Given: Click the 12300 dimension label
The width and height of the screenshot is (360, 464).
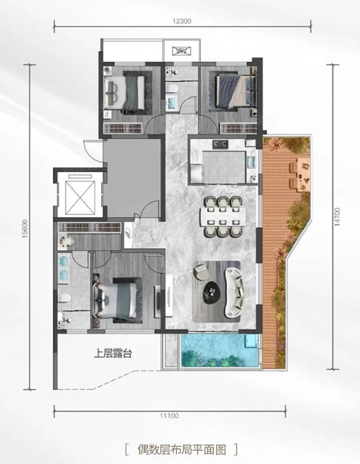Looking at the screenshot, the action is tap(182, 21).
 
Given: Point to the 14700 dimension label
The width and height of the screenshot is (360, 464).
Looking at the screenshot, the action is tap(338, 217).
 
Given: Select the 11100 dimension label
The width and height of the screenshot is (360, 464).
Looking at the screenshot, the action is tap(170, 416).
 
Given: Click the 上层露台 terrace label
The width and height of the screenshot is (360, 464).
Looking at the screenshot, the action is tap(113, 353).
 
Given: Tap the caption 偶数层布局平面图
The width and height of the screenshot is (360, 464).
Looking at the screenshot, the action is tap(181, 450).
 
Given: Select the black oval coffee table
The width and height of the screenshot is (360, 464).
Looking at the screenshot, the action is tap(212, 292).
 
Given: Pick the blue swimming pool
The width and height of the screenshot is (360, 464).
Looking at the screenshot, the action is tap(219, 351).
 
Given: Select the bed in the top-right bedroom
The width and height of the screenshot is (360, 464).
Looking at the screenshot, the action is tap(236, 90).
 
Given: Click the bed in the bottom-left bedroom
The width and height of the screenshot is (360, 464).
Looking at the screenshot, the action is tap(115, 300).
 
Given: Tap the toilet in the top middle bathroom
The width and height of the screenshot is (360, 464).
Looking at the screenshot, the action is tap(172, 88).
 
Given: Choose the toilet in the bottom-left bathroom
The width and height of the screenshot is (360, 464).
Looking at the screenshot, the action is tap(64, 298).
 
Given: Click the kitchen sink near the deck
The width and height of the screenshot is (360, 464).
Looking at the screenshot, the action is tap(252, 162).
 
